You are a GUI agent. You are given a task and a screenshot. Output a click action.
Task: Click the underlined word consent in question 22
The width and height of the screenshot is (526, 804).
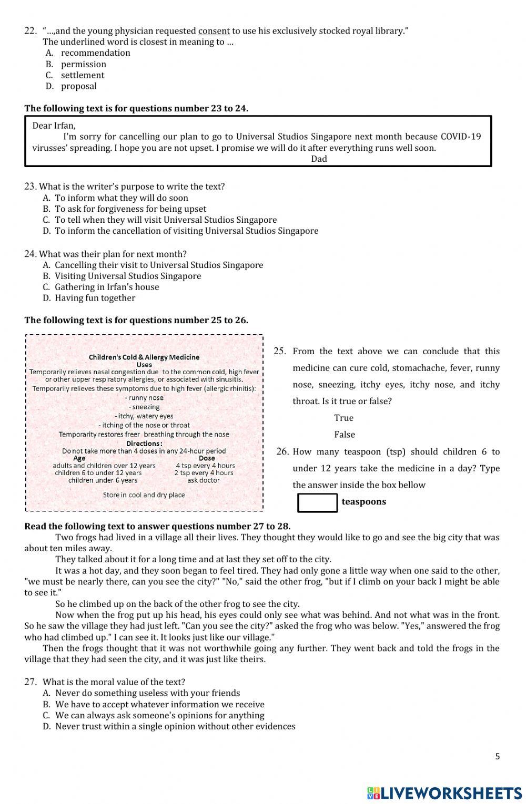214,31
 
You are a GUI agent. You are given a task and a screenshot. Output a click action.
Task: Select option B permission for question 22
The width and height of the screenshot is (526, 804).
83,64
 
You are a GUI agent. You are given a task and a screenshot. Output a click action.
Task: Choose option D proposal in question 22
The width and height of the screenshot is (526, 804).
78,86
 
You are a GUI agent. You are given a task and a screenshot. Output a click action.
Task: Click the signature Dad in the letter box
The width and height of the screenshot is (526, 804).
319,159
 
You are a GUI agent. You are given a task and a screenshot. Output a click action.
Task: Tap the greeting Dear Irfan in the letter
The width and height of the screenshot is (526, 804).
54,125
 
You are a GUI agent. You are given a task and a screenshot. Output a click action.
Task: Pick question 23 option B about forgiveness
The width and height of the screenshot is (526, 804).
130,209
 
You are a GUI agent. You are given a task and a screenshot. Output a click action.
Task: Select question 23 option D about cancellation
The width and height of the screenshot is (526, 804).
186,231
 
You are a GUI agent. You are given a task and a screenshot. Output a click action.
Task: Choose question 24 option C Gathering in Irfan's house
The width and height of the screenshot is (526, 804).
107,287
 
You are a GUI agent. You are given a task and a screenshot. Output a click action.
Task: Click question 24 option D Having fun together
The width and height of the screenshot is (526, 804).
95,298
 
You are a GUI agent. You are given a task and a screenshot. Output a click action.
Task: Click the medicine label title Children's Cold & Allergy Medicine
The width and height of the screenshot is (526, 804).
144,357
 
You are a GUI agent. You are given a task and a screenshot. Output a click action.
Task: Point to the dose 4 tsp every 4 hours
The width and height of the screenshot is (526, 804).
205,466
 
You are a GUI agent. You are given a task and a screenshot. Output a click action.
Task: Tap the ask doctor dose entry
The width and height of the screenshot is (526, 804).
204,480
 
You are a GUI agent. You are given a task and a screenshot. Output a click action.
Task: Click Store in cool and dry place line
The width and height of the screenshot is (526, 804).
144,495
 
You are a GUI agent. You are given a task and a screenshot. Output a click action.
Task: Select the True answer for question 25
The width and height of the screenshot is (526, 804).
343,418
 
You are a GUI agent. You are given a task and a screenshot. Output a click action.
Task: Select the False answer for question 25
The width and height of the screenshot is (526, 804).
345,435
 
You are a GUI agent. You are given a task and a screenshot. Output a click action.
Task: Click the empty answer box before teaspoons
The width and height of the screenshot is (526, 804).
317,502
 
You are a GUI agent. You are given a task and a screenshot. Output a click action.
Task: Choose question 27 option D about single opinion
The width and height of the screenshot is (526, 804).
175,726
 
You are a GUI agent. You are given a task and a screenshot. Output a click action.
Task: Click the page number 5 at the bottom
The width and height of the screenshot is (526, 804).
497,757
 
